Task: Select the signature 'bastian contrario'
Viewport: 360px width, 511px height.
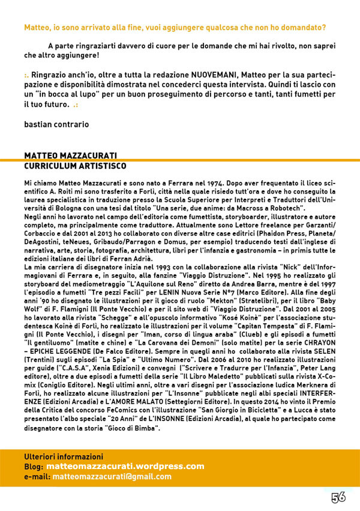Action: coord(56,124)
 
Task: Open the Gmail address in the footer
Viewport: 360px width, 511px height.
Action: coord(112,476)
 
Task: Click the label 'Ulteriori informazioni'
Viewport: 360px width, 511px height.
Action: coord(63,456)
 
